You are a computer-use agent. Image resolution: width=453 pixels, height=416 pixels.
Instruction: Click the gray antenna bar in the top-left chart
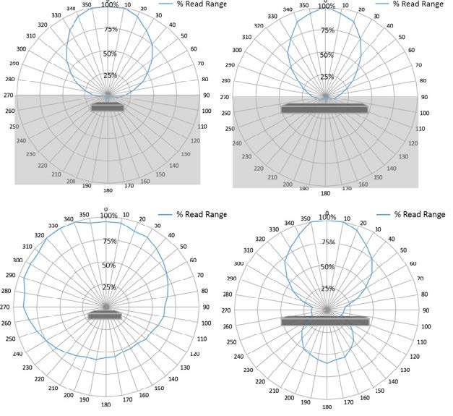click(108, 108)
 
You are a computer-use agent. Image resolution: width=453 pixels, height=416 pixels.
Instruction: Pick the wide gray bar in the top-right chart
click(324, 109)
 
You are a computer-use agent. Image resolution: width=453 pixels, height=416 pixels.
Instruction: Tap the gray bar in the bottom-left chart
click(105, 316)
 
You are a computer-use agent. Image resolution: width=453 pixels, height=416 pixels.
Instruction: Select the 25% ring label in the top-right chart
click(327, 77)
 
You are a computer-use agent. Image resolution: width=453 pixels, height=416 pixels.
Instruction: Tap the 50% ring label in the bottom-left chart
click(109, 266)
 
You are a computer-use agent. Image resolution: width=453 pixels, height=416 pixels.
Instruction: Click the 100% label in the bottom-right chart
click(327, 217)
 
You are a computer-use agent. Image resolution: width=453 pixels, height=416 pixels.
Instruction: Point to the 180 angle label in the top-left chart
click(108, 192)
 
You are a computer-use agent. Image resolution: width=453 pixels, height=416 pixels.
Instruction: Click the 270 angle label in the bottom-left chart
click(6, 307)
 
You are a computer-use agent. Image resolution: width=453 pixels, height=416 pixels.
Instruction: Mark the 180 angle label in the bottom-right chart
click(327, 407)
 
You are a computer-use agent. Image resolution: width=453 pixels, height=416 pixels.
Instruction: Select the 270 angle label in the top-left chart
click(9, 95)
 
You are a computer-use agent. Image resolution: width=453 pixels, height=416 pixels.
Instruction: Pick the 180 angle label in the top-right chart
click(325, 193)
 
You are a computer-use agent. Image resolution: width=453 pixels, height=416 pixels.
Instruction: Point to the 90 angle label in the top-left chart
click(207, 94)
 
